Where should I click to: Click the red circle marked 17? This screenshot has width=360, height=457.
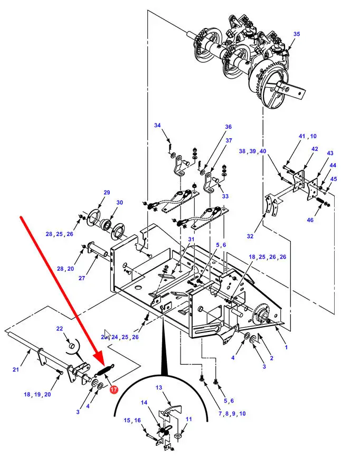tap(113, 389)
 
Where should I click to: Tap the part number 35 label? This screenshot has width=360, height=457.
tap(297, 34)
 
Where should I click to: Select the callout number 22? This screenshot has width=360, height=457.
tap(60, 328)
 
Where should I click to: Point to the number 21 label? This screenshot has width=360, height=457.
tap(16, 369)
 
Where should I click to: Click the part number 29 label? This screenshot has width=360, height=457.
tap(107, 193)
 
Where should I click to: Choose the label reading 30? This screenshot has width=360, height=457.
tap(119, 202)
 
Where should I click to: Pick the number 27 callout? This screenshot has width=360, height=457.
tap(82, 278)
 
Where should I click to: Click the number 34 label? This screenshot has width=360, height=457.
tap(157, 125)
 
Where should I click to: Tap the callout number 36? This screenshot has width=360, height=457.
tap(228, 127)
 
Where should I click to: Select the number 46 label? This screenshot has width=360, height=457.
tap(310, 220)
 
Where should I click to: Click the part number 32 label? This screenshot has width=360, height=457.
tap(250, 236)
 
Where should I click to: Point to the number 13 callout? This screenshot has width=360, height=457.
tap(159, 387)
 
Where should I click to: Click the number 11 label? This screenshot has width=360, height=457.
tap(189, 419)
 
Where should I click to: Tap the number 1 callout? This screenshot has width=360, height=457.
tap(286, 347)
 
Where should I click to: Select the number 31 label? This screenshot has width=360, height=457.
tap(191, 239)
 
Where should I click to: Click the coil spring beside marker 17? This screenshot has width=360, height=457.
tap(105, 370)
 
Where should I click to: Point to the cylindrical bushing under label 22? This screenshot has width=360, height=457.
tap(71, 346)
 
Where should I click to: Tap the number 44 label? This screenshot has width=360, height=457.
tap(333, 165)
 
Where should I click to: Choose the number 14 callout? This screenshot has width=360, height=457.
tap(144, 403)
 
